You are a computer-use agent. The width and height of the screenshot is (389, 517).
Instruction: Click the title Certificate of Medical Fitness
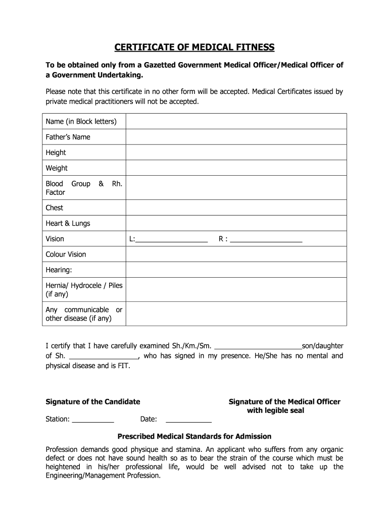pos(194,47)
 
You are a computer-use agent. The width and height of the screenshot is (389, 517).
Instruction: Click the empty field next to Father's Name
pos(236,137)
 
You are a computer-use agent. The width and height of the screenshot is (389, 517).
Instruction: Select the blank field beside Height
pos(236,152)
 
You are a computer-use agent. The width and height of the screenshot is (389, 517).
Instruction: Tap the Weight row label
pos(57,168)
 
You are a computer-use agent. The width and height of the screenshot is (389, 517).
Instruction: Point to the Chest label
pos(55,208)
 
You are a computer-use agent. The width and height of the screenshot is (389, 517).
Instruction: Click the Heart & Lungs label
pos(68,223)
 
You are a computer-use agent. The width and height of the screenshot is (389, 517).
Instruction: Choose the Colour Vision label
pos(66,254)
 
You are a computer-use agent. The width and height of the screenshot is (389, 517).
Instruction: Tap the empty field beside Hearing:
pos(236,270)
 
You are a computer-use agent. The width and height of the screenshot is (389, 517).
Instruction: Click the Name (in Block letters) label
pos(81,121)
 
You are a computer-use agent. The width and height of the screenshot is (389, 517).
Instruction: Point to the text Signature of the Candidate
pos(93,402)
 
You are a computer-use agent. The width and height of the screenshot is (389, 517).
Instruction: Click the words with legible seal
pos(275,411)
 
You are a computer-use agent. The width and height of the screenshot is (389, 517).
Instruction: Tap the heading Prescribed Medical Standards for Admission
pos(194,436)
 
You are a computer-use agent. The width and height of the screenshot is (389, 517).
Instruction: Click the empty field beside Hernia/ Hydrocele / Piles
pos(236,289)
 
